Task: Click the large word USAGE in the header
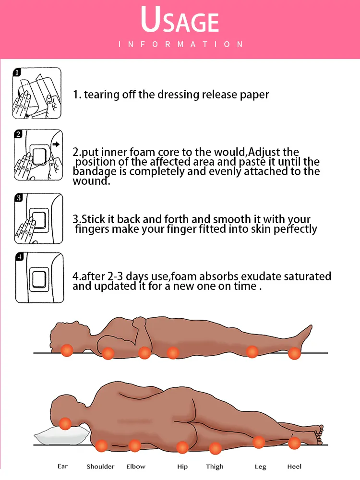pyautogui.click(x=180, y=22)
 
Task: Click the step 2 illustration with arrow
pyautogui.click(x=38, y=155)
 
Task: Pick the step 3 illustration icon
pyautogui.click(x=38, y=218)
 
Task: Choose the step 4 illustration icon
pyautogui.click(x=38, y=277)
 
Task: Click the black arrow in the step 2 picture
pyautogui.click(x=55, y=143)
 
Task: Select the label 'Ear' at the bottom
pyautogui.click(x=62, y=466)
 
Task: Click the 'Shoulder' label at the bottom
pyautogui.click(x=100, y=467)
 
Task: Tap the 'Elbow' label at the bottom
pyautogui.click(x=135, y=466)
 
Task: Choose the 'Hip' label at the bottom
pyautogui.click(x=182, y=466)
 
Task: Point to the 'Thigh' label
pyautogui.click(x=215, y=467)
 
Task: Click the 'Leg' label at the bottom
pyautogui.click(x=260, y=467)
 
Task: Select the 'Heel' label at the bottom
pyautogui.click(x=294, y=466)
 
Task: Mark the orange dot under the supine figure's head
pyautogui.click(x=66, y=350)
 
